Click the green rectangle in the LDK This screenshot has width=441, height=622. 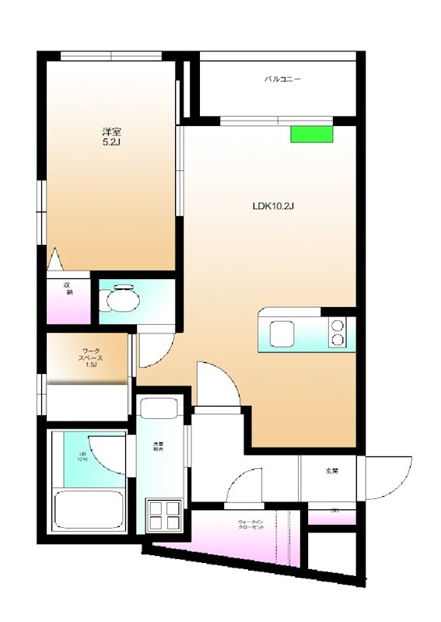click(x=311, y=134)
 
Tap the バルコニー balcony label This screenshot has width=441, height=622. click(x=282, y=79)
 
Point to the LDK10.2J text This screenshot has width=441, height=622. click(x=271, y=207)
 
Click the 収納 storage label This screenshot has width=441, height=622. click(x=68, y=288)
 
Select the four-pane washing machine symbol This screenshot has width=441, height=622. click(x=164, y=515)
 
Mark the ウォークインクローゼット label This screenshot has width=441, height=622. click(x=251, y=524)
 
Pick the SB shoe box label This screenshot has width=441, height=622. click(x=334, y=511)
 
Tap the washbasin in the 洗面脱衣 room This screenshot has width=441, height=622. click(x=163, y=411)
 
